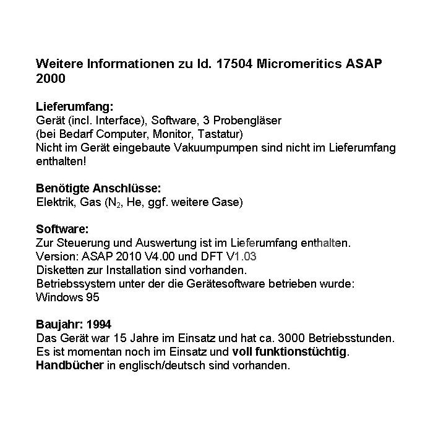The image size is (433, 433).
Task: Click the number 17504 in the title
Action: [x=236, y=64]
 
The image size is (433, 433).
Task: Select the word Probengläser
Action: [x=252, y=121]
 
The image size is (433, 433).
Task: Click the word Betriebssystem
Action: [x=76, y=283]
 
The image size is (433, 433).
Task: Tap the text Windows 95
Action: [x=67, y=297]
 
